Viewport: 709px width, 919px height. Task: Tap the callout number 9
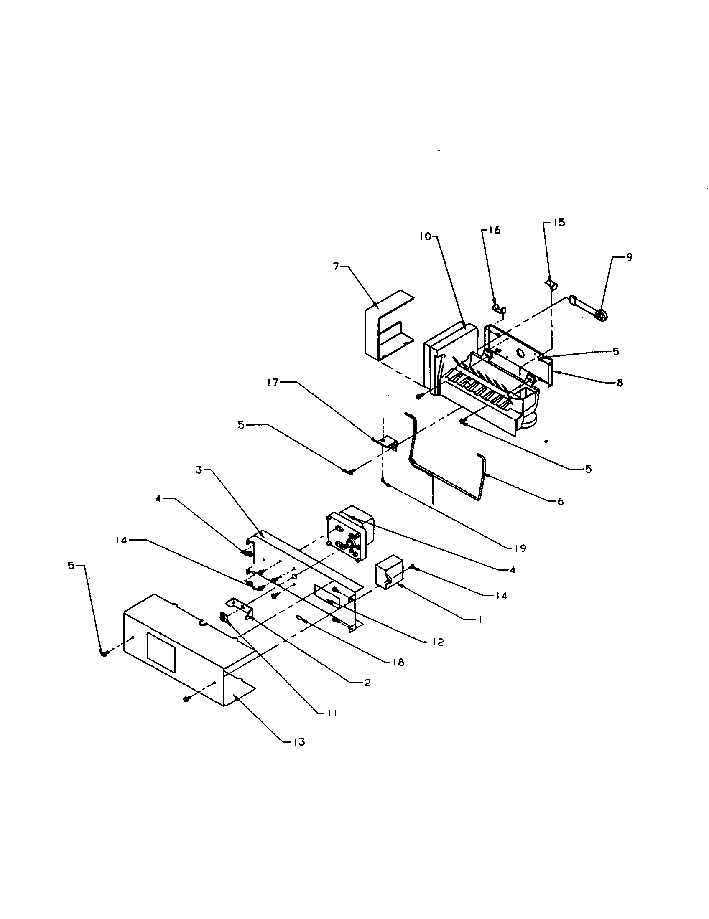pos(629,257)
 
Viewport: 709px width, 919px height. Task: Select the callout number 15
pos(559,223)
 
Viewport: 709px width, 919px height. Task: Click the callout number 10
pos(425,236)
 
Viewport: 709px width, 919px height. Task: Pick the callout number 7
pos(337,267)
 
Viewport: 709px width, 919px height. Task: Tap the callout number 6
pos(560,501)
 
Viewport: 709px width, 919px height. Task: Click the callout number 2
pos(367,683)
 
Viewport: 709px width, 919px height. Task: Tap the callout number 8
pos(619,383)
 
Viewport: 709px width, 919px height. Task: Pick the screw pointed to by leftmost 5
pos(104,652)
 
